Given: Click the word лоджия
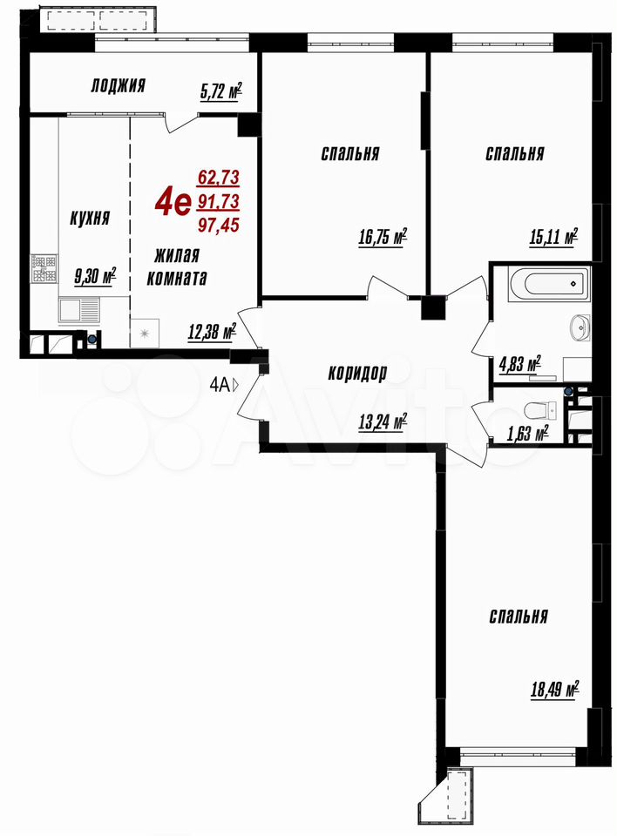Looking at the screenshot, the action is coord(118,85).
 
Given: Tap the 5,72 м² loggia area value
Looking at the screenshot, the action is coord(221,91).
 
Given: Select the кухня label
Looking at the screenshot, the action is coord(91,218).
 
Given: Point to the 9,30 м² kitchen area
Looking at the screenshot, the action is coord(96,277).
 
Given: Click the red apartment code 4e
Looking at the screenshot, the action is coord(173,203).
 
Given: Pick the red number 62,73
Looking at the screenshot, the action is coord(218,177).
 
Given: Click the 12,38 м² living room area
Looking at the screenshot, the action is coord(212,333).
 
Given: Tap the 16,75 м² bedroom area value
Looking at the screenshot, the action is coord(383,237).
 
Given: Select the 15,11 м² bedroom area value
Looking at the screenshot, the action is coord(554,236).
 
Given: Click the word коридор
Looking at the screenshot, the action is coord(357,373).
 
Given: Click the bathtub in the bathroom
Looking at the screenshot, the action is coord(549,284).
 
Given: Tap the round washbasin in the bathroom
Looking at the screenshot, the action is coord(580,327).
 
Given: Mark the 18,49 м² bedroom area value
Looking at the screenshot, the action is coord(555,690).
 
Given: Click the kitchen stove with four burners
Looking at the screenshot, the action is coord(44,269).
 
